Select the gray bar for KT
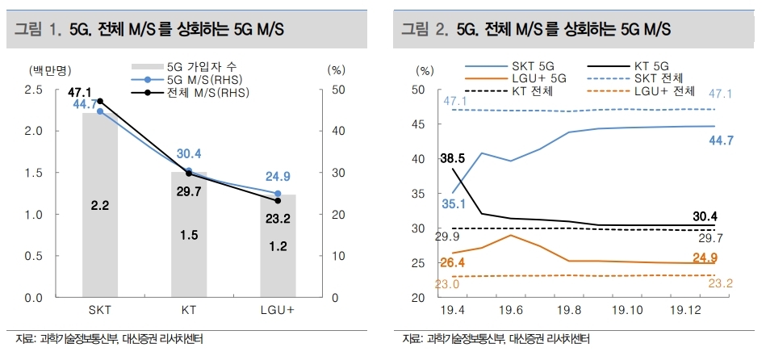pyautogui.click(x=188, y=258)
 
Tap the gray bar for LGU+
pyautogui.click(x=277, y=266)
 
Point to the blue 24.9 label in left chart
pyautogui.click(x=277, y=177)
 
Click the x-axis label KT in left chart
pyautogui.click(x=188, y=312)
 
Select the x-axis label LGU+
pyautogui.click(x=277, y=312)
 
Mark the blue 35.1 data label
pyautogui.click(x=453, y=203)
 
